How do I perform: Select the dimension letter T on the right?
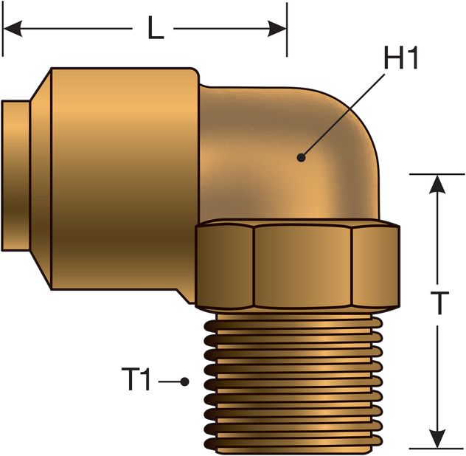pos(439,303)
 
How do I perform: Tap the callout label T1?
pos(136,381)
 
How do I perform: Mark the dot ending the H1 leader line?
pos(301,156)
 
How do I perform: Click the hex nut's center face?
pos(302,266)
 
